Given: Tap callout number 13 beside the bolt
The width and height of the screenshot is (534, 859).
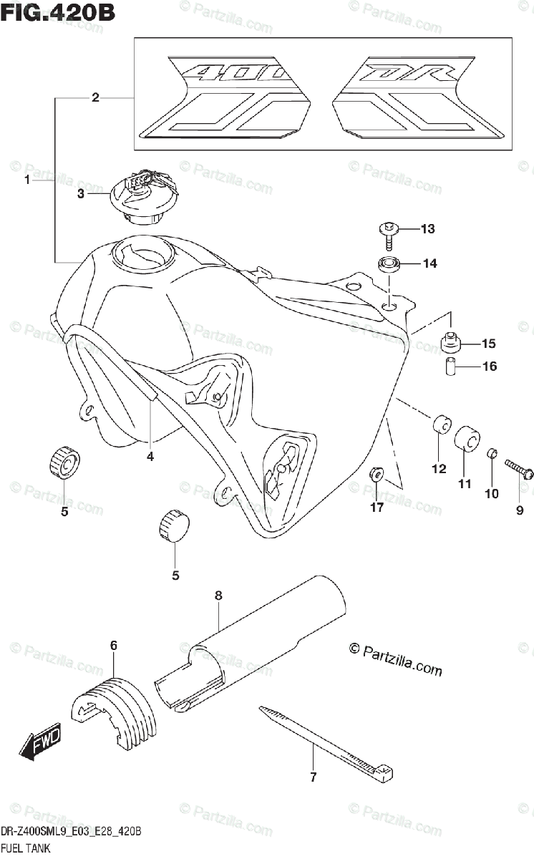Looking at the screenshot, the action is click(x=427, y=229).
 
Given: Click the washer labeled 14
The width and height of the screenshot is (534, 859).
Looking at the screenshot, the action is click(x=389, y=264).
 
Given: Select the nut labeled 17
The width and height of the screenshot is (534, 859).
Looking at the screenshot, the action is click(x=377, y=474).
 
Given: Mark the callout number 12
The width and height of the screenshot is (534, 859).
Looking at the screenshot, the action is click(x=439, y=469).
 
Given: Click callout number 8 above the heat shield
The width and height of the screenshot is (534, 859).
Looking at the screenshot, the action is click(x=218, y=596).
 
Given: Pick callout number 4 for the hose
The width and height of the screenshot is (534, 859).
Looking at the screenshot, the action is click(x=150, y=456).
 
